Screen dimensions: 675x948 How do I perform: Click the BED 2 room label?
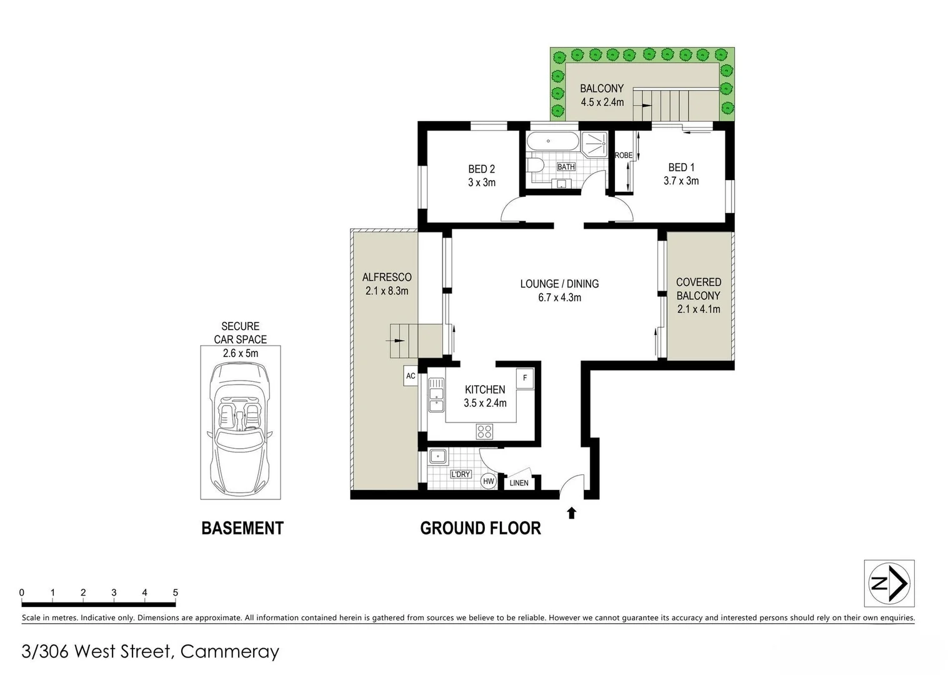coord(481,169)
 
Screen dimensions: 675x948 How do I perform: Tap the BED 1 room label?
coord(681,167)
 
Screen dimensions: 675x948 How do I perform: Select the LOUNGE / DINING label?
coord(559,284)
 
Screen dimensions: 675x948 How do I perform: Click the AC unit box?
coord(411,376)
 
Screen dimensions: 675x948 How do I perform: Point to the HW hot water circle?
coord(488,481)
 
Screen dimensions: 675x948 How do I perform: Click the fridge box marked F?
coord(525,378)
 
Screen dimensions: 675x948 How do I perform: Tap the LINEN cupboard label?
coord(519,483)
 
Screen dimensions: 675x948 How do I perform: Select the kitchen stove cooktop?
coord(484,431)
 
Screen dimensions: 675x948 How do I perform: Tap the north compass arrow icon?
coord(889,584)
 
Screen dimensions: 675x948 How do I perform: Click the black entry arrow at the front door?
coord(571,513)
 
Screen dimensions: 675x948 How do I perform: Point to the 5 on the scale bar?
coord(176,592)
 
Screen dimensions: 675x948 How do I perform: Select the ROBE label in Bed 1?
coord(623,156)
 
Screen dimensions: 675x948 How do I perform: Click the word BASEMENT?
coord(242,528)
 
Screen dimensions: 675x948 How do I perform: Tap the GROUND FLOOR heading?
coord(480,528)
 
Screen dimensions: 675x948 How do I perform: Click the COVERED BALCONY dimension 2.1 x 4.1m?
coord(698,309)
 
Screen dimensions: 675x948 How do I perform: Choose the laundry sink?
coord(436,457)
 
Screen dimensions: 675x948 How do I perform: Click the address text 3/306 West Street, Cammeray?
coord(150,651)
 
